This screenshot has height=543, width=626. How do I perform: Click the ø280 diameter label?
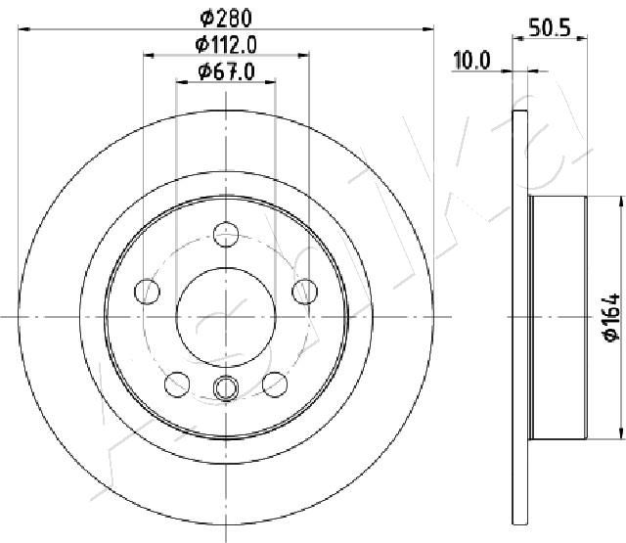click(226, 19)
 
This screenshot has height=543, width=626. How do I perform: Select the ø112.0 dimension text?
click(226, 45)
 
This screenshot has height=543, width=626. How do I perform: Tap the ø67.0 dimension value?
click(226, 71)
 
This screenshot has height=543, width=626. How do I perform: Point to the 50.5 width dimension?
click(550, 27)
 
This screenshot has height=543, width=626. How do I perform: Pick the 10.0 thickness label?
click(471, 61)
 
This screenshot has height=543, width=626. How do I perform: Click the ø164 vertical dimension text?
click(611, 317)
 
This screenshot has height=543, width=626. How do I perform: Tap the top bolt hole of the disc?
click(226, 235)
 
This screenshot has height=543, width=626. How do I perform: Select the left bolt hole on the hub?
click(147, 292)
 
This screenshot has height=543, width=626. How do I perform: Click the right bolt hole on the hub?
click(304, 292)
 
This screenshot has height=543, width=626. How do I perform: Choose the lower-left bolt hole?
click(177, 385)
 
